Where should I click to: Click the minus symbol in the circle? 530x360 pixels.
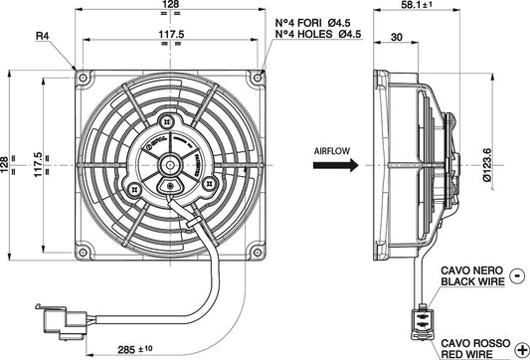click(x=516, y=273)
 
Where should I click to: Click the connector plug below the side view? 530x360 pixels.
click(x=422, y=323)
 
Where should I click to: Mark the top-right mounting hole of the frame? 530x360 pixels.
click(x=261, y=76)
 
